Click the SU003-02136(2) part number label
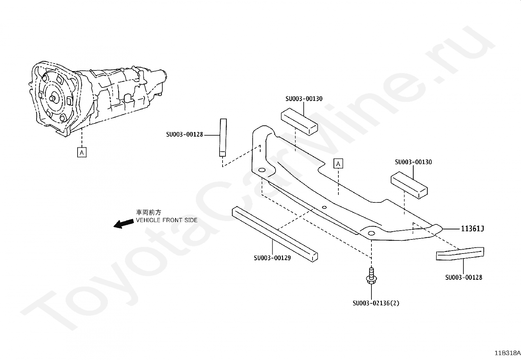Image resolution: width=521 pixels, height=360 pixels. click(376, 303)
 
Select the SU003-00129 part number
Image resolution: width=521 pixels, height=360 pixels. click(272, 258)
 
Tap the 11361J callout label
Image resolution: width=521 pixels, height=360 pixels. click(472, 229)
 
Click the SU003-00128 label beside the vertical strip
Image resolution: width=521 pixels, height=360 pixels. click(185, 134)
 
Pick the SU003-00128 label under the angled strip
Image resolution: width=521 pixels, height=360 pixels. click(463, 277)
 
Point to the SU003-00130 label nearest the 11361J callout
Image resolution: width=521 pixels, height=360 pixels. click(413, 162)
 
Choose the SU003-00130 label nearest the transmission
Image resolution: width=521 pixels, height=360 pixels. click(304, 99)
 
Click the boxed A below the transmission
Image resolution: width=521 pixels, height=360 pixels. click(82, 152)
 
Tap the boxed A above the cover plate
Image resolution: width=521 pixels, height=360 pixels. click(338, 163)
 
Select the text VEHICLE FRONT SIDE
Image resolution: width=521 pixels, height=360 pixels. click(167, 220)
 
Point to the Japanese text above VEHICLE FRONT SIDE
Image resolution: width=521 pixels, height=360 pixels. click(149, 212)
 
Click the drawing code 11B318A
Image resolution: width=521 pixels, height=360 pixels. click(507, 353)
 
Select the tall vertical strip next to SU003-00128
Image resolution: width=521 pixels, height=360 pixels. click(223, 138)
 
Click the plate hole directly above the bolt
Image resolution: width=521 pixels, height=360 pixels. click(371, 233)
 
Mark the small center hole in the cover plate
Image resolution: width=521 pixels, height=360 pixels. click(324, 207)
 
